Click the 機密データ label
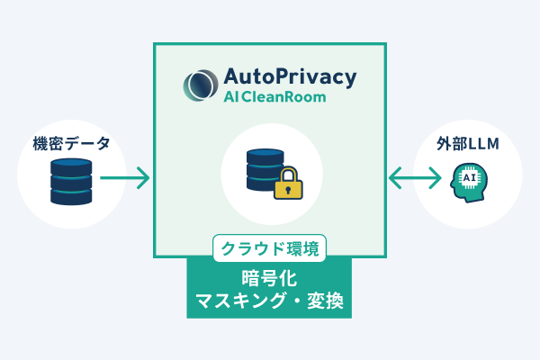[x=71, y=142]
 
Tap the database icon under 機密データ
[x=71, y=181]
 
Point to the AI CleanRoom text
[x=274, y=97]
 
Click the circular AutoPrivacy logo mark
[x=198, y=85]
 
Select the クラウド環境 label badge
[x=269, y=247]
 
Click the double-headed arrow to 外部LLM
[x=415, y=178]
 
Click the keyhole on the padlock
[x=287, y=189]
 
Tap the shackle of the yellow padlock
[x=287, y=172]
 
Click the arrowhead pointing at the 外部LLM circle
[x=436, y=178]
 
